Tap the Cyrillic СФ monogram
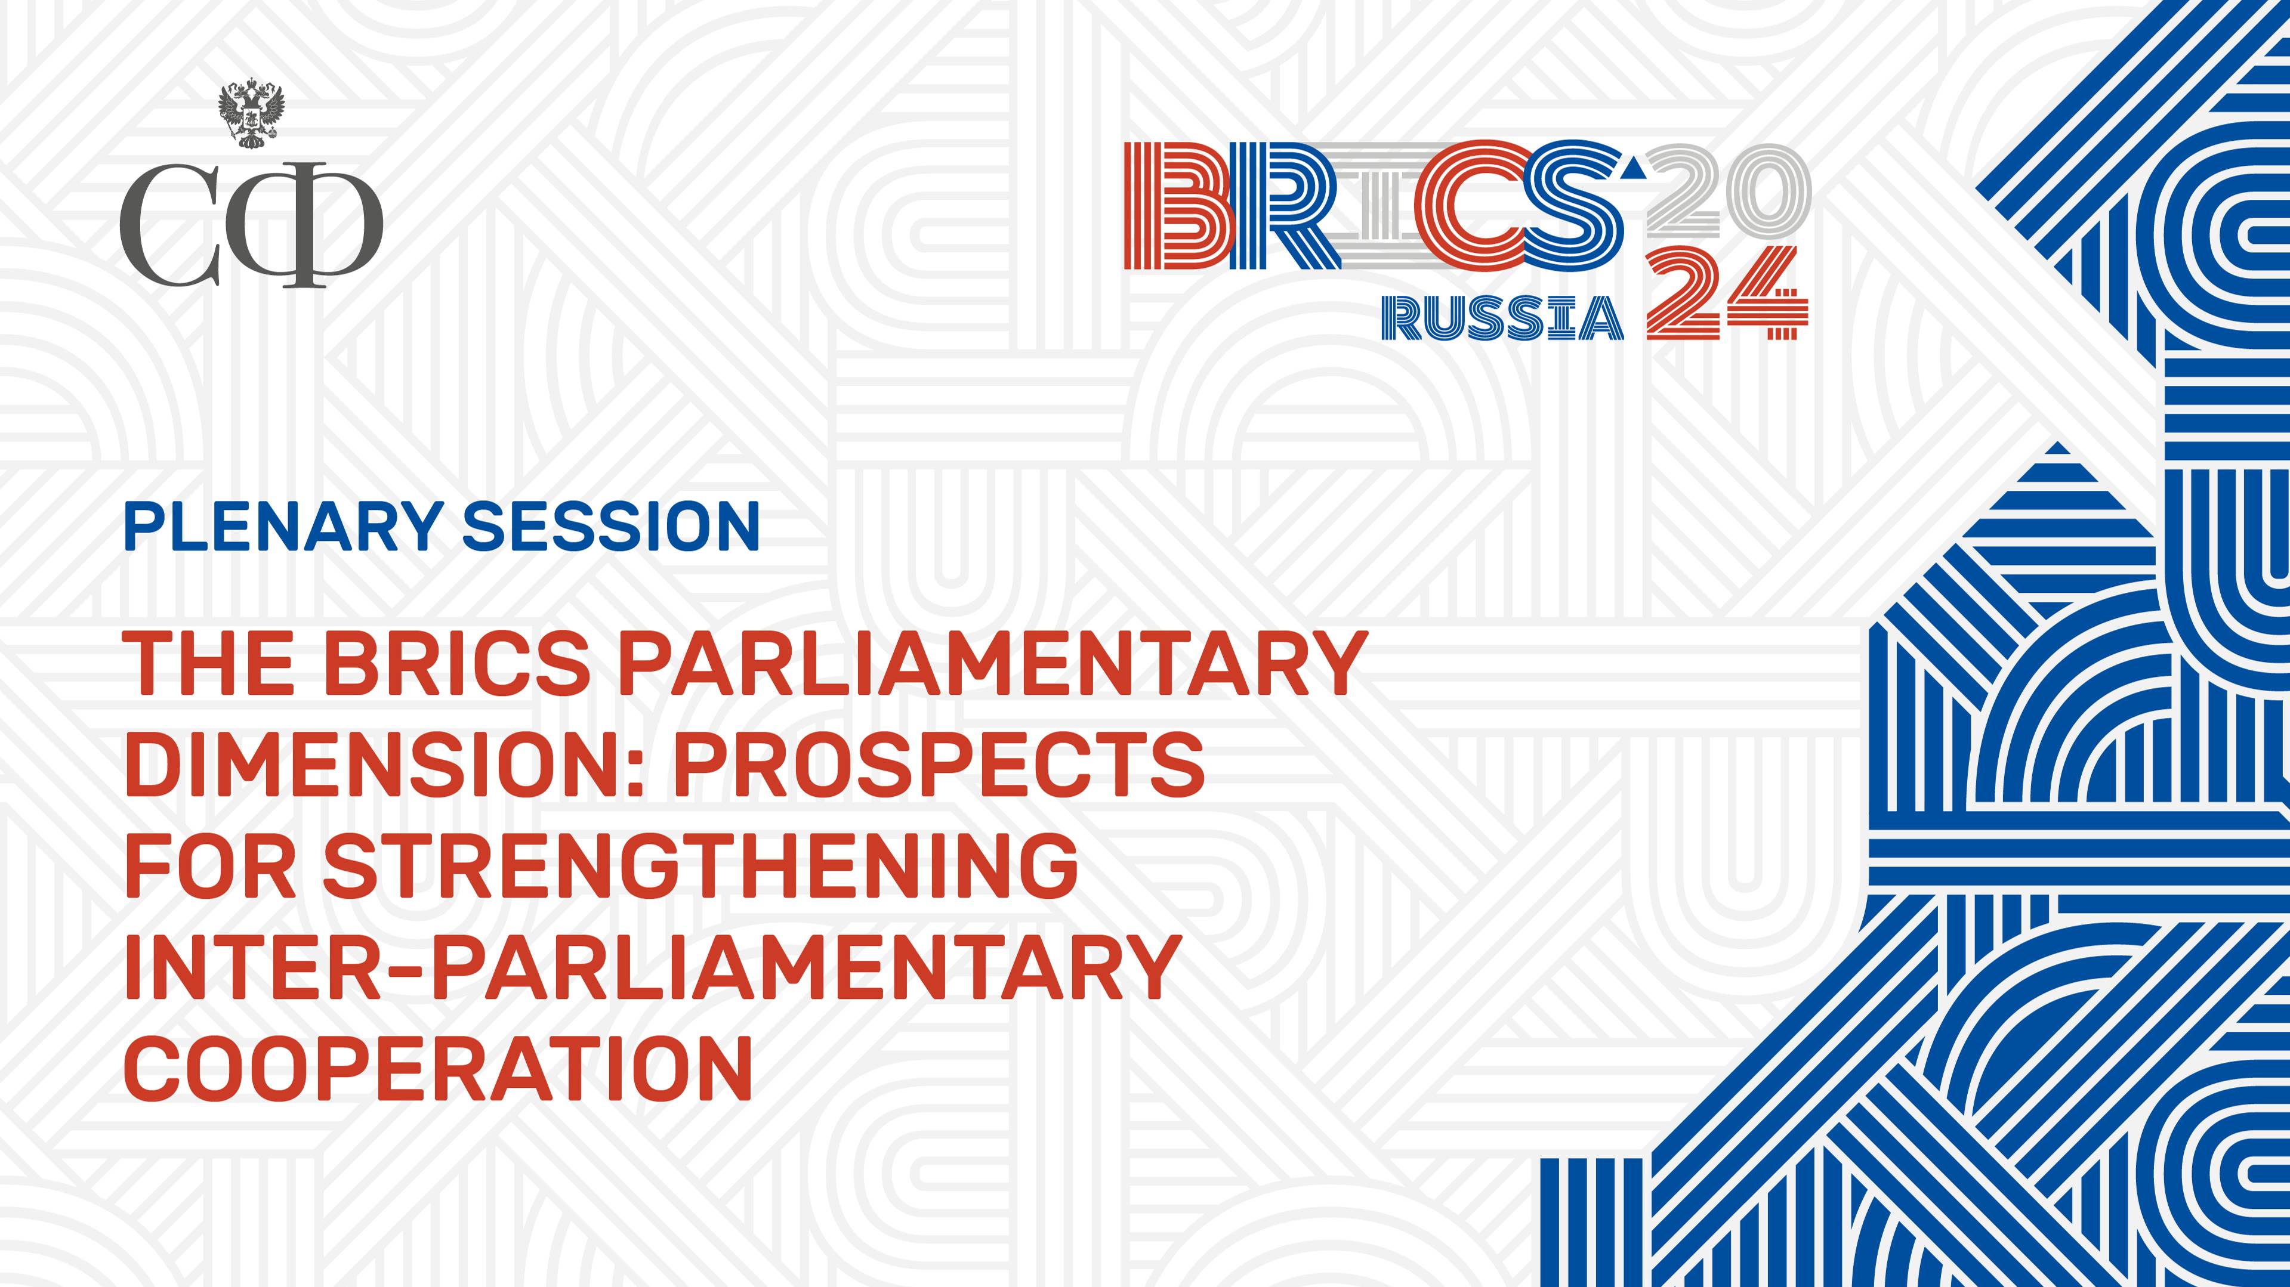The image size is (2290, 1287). point(252,225)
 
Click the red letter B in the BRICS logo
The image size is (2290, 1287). point(1175,218)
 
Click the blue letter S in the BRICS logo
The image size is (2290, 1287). point(1573,218)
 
